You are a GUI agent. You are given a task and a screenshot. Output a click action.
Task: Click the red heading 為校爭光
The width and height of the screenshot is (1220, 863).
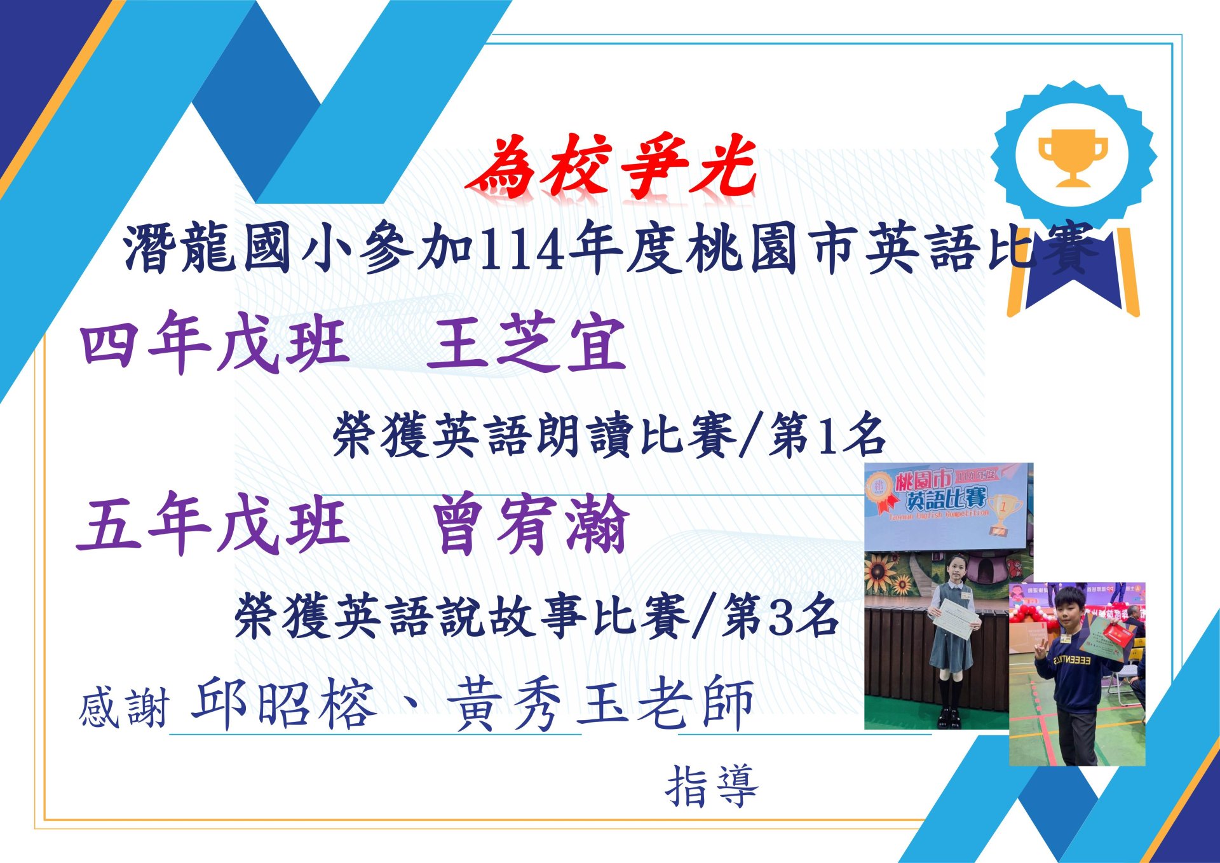(x=611, y=166)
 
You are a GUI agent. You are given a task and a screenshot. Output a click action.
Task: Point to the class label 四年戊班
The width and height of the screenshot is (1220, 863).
(x=215, y=343)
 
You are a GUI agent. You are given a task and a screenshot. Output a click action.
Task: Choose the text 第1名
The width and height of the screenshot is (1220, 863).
(x=827, y=436)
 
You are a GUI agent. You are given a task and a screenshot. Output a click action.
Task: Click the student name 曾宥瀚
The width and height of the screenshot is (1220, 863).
(x=531, y=525)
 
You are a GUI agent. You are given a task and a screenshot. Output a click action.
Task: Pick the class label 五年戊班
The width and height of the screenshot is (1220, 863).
(x=213, y=524)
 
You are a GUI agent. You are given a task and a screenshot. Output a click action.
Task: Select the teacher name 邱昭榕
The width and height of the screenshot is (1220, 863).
(x=283, y=703)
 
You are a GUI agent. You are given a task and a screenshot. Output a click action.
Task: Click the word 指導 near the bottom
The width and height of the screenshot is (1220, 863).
(x=712, y=787)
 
